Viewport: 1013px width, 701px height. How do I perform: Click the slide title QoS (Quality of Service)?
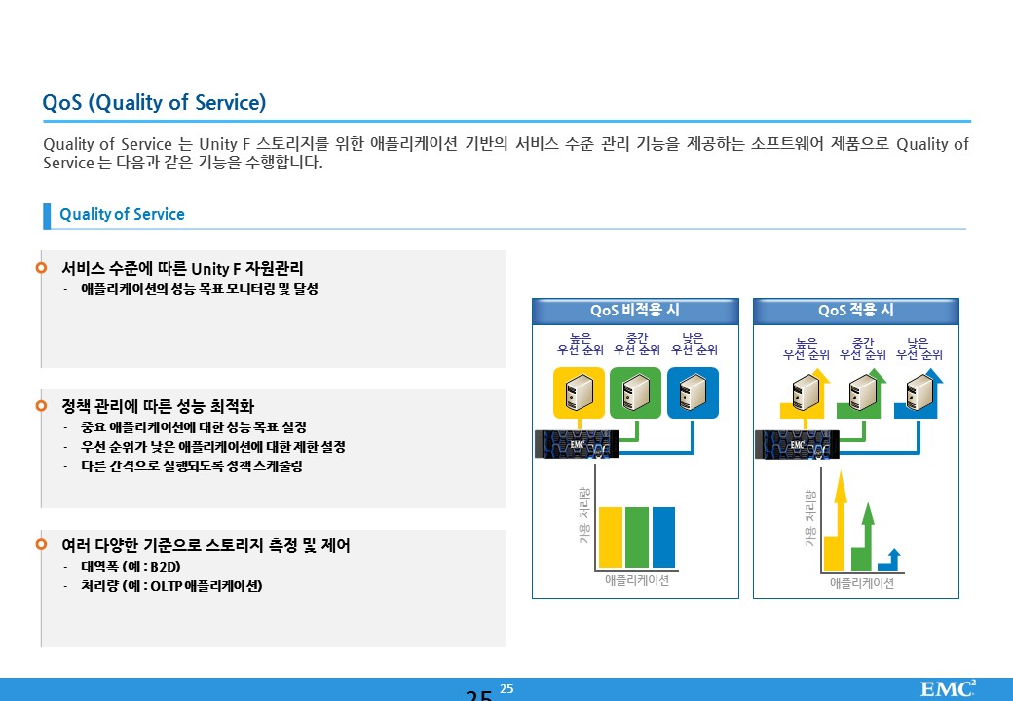click(x=154, y=102)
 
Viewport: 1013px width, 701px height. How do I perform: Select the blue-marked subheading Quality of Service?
click(x=122, y=214)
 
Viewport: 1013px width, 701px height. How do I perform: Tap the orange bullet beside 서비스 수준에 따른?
click(x=41, y=267)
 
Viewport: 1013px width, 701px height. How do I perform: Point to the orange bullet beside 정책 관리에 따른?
click(x=41, y=405)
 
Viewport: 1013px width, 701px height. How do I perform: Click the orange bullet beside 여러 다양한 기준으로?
click(x=41, y=544)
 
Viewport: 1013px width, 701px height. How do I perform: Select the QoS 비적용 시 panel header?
click(x=635, y=311)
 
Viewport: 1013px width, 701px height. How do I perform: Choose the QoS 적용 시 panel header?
click(x=856, y=311)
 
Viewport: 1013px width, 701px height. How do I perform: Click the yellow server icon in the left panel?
click(x=579, y=392)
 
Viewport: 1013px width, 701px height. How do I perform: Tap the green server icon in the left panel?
click(x=636, y=392)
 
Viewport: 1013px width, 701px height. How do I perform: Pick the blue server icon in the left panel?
click(x=693, y=392)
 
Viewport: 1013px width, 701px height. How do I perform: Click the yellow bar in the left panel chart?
click(x=611, y=537)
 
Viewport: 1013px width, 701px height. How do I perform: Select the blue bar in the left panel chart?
click(x=663, y=537)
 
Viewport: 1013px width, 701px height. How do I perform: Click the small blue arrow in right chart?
click(x=891, y=560)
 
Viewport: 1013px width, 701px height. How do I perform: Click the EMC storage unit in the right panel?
click(x=797, y=444)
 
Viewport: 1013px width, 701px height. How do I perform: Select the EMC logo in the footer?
click(x=948, y=688)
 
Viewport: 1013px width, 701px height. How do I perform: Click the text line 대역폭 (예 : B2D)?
click(x=131, y=567)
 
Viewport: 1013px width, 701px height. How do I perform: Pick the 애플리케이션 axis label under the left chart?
click(x=637, y=580)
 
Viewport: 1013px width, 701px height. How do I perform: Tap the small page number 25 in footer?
click(x=506, y=688)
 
